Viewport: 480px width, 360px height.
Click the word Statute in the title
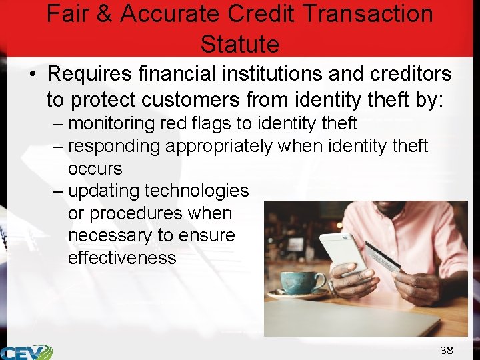point(239,44)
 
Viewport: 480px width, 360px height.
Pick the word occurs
point(95,168)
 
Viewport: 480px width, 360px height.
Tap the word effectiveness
point(122,258)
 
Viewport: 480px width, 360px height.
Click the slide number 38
point(446,350)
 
